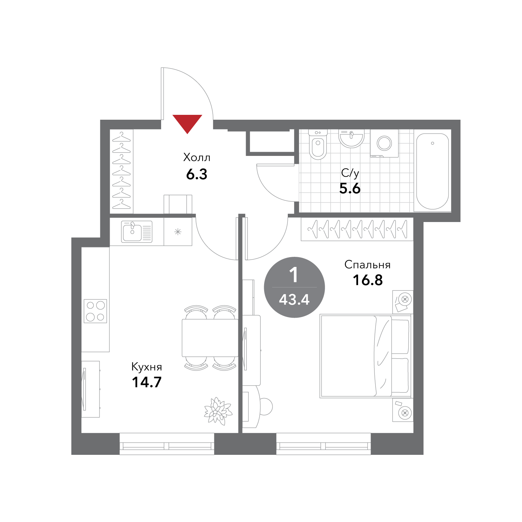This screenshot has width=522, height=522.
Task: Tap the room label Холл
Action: click(197, 158)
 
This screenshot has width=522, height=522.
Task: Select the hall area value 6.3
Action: click(197, 174)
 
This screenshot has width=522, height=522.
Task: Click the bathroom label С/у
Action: click(350, 173)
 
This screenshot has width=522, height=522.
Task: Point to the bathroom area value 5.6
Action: click(350, 188)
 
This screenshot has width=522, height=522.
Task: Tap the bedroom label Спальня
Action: click(367, 265)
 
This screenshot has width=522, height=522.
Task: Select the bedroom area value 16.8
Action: click(368, 280)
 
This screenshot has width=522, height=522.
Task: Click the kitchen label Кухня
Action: click(147, 367)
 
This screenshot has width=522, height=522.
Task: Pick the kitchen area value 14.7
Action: click(147, 382)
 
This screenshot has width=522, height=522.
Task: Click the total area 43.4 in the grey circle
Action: click(294, 300)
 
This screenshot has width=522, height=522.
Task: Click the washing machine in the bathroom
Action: click(385, 143)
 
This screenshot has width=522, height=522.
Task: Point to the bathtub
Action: click(433, 171)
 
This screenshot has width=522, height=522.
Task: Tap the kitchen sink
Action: click(137, 231)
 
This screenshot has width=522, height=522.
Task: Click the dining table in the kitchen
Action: click(210, 338)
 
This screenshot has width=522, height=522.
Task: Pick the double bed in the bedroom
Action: click(366, 356)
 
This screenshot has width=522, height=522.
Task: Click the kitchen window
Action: click(167, 444)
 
